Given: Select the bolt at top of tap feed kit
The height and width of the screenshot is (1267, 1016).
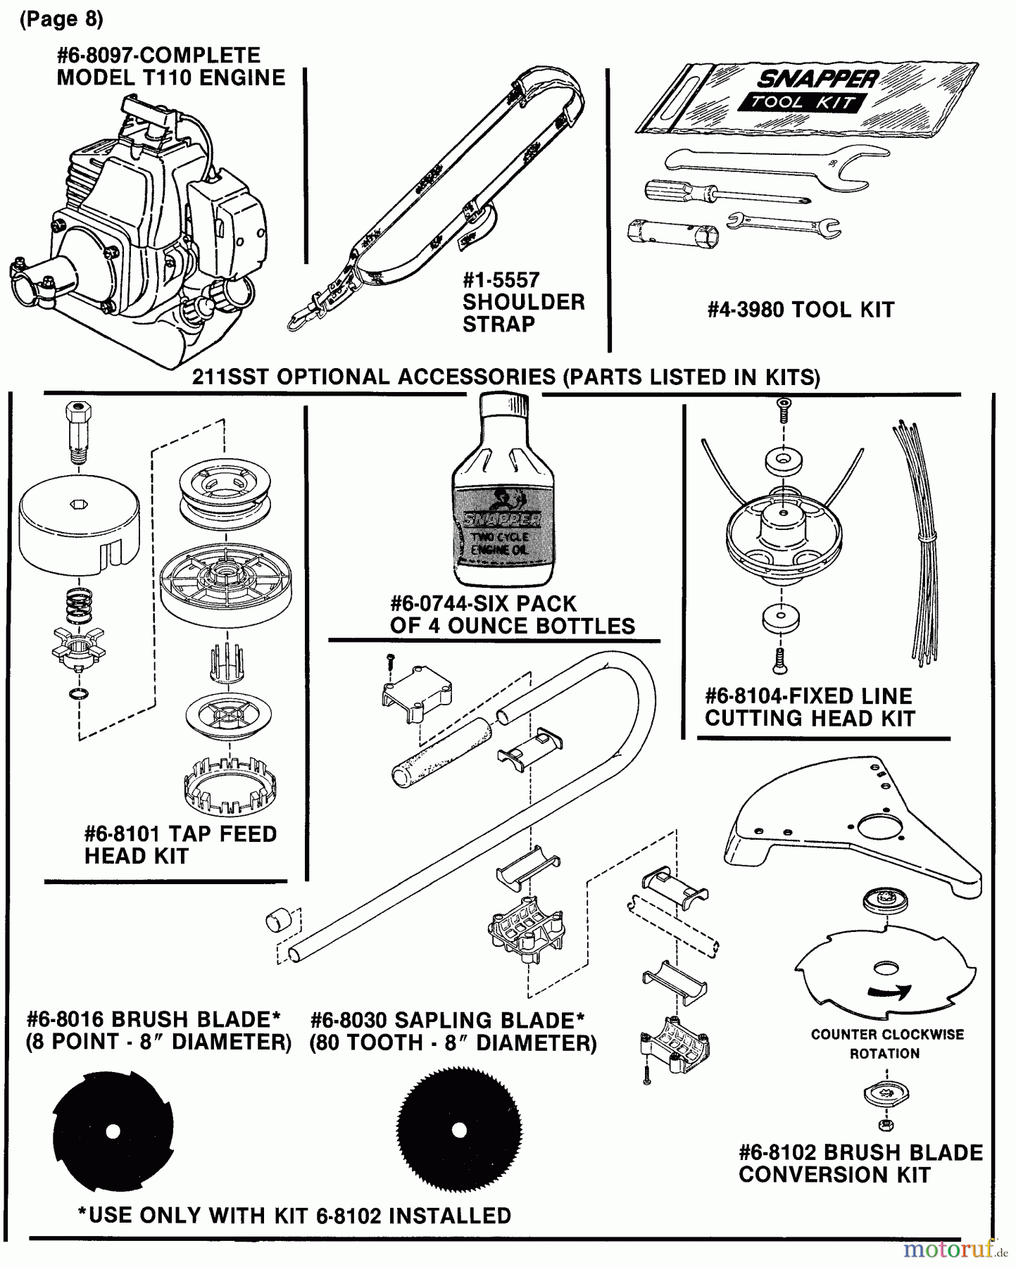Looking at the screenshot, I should coord(77,431).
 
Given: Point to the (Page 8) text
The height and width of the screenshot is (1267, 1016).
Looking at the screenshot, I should coord(61,20).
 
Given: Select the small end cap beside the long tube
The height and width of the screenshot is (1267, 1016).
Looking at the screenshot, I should coord(276,920).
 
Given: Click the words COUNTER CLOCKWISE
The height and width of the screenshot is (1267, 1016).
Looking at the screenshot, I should coord(887,1035).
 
